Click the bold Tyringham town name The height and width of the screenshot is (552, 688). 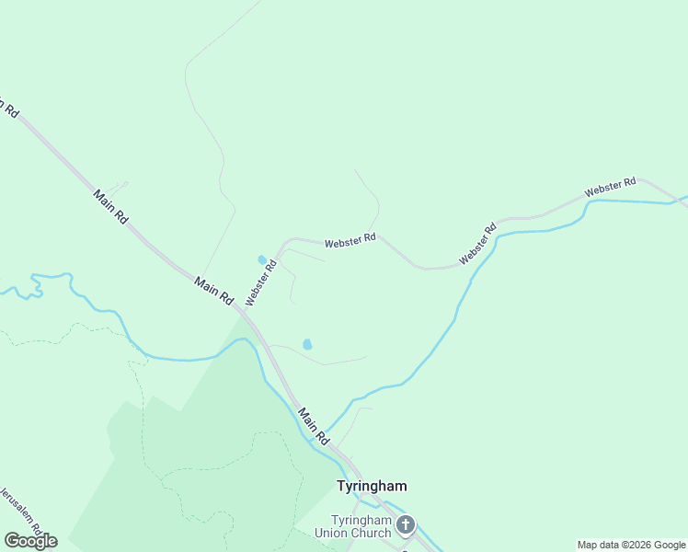[x=372, y=485]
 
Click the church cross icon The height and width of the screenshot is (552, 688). [x=405, y=526]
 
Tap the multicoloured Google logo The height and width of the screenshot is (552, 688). [x=30, y=541]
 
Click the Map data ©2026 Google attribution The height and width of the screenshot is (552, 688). [x=632, y=545]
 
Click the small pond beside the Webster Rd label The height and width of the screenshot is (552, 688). [x=261, y=259]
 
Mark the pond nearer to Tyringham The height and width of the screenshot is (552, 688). [x=307, y=344]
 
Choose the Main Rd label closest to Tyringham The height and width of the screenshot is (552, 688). [x=314, y=427]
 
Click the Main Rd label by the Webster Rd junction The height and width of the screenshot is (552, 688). [x=214, y=293]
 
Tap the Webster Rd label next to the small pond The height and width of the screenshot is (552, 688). [x=261, y=282]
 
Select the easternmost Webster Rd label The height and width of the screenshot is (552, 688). [x=611, y=188]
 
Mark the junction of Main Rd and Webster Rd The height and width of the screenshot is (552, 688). [x=246, y=313]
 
